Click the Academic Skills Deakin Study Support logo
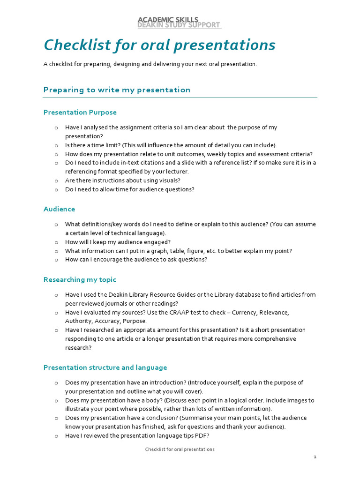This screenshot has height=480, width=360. tap(179, 22)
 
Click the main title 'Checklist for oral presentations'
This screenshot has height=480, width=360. tap(159, 45)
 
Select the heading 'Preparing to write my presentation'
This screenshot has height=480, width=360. tap(117, 90)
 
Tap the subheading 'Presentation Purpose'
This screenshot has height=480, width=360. tap(80, 112)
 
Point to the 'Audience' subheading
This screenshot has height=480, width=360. tap(59, 209)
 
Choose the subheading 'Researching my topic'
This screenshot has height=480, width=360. tap(80, 280)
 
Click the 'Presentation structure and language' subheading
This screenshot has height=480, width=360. tap(105, 367)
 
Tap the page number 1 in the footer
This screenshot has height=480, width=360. tap(315, 457)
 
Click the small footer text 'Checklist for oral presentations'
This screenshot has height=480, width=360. tap(180, 449)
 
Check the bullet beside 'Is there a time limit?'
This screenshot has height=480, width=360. tap(56, 145)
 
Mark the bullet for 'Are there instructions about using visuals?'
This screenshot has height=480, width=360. tap(56, 180)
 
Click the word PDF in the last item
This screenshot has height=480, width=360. tap(202, 435)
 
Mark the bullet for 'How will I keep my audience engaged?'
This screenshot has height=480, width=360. tap(56, 242)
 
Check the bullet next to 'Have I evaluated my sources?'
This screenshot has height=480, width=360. tap(56, 312)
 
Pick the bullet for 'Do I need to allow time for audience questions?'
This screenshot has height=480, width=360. tap(56, 189)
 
